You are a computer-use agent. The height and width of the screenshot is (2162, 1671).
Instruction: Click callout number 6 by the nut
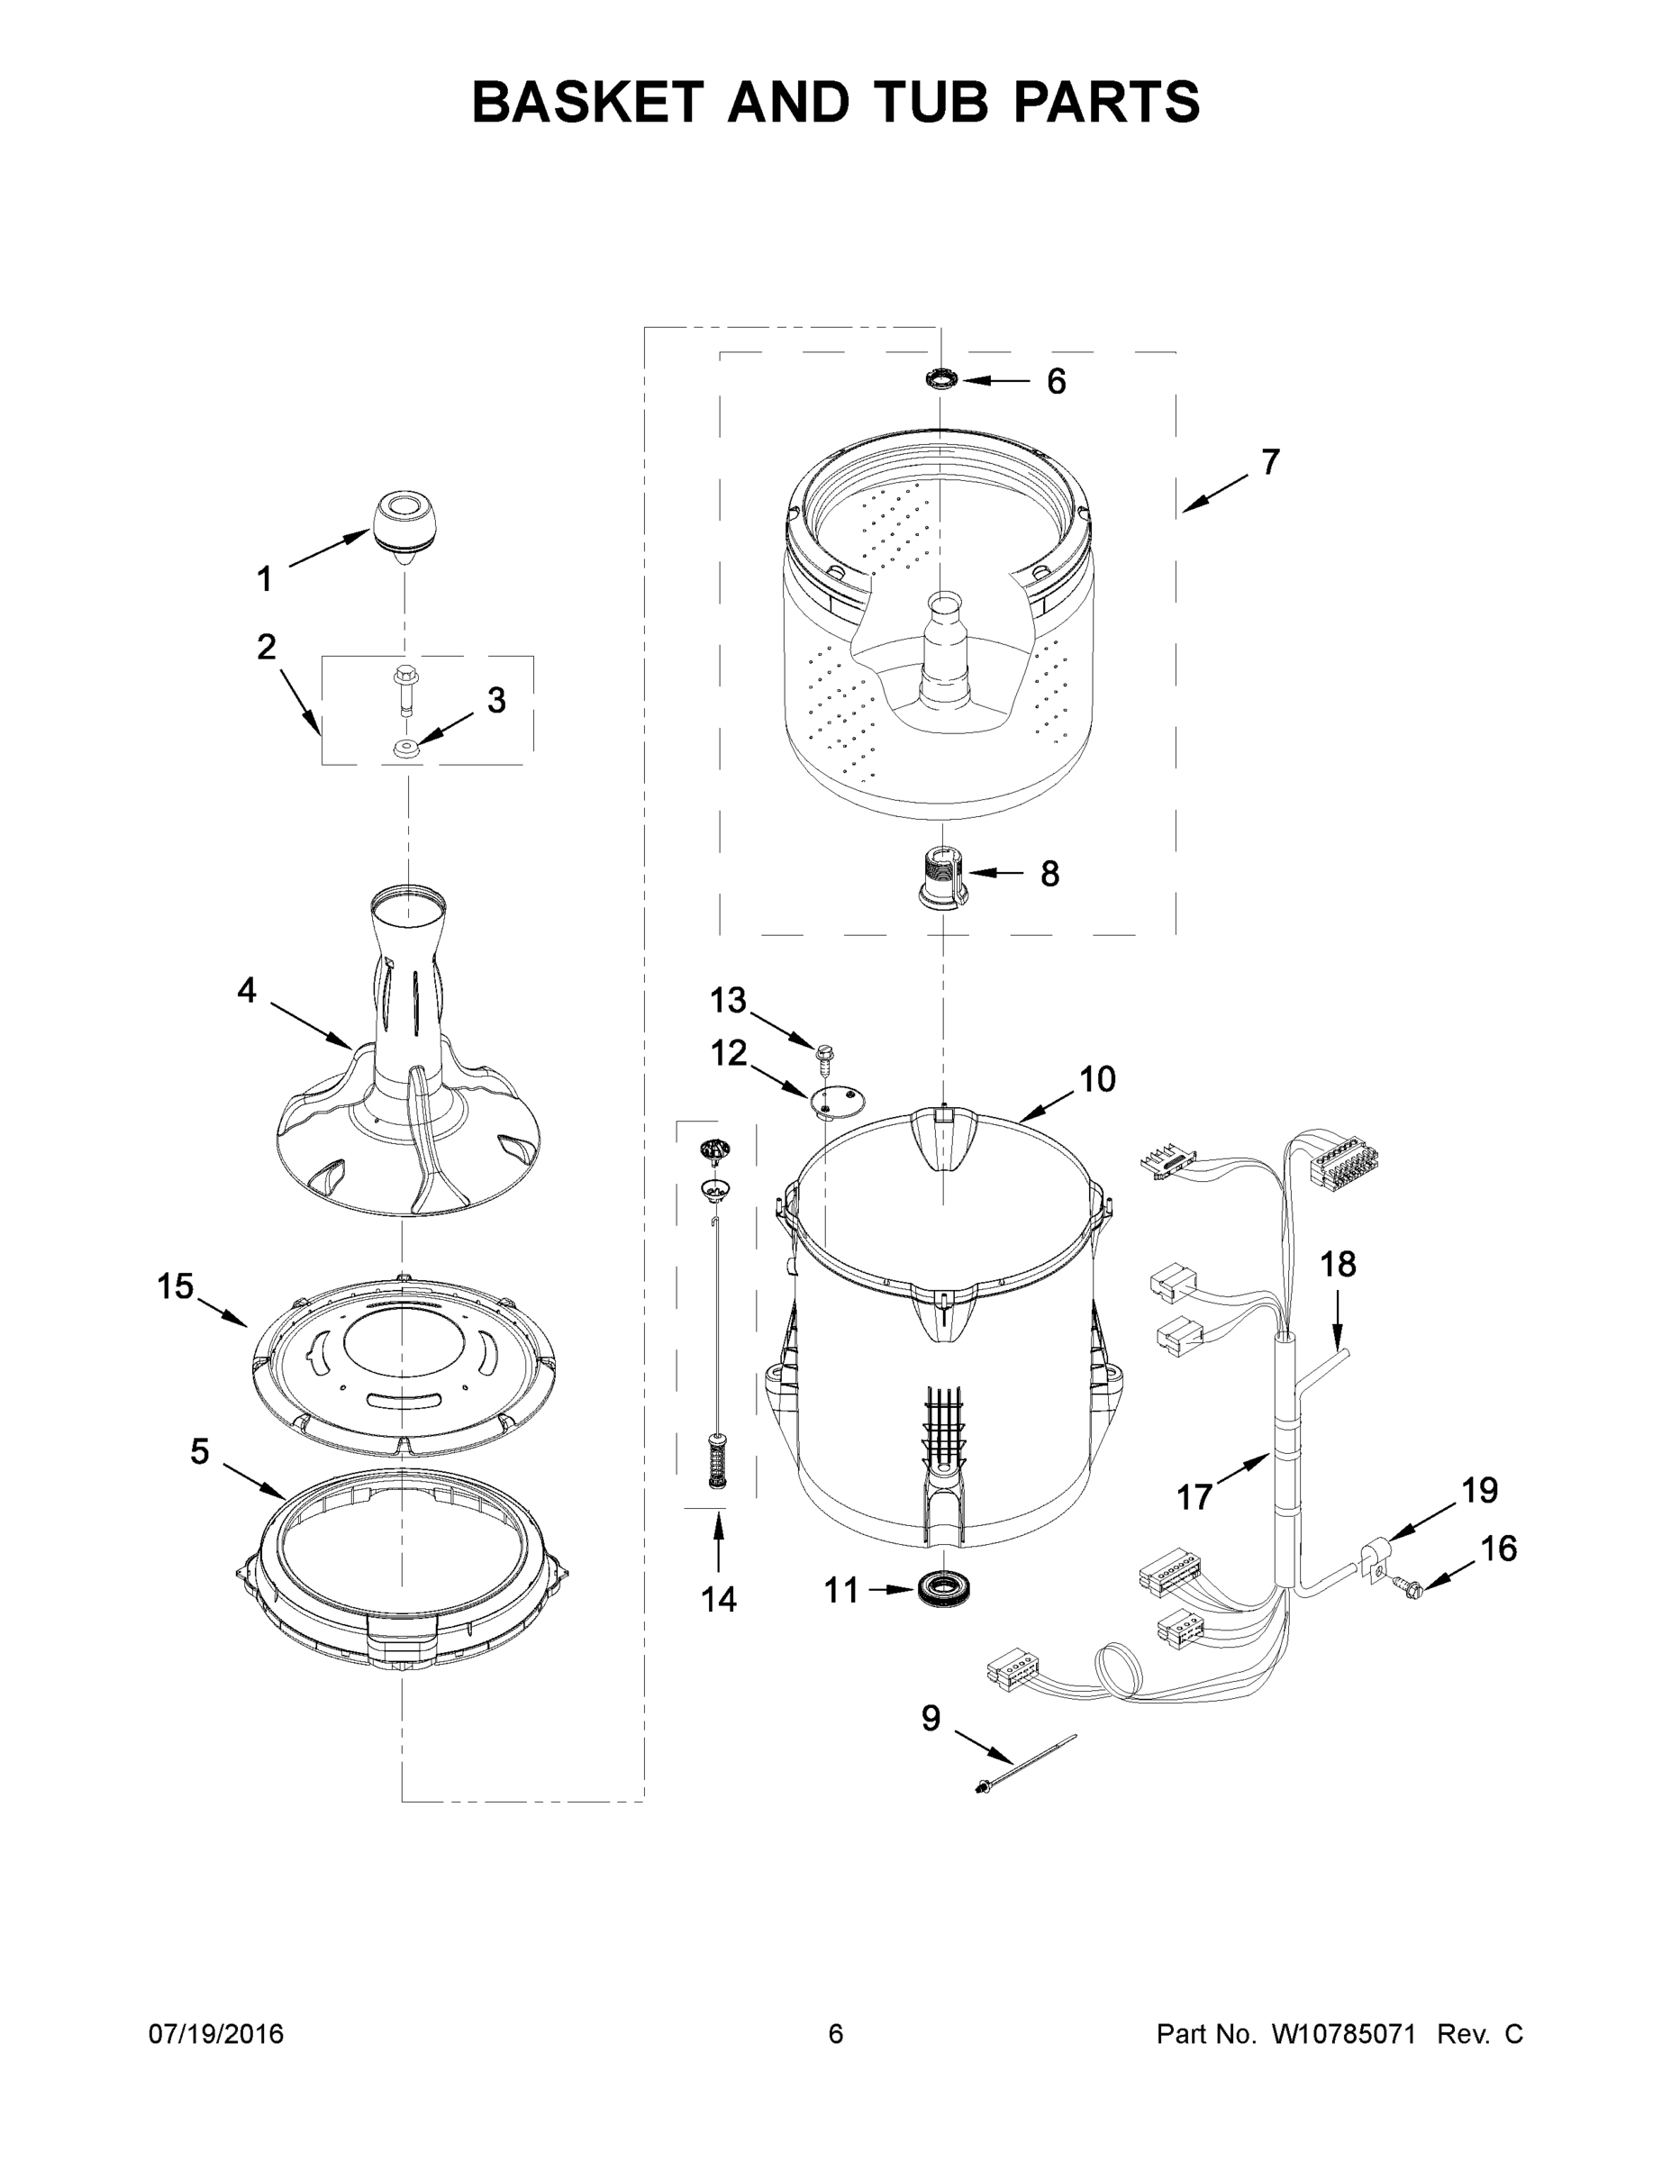coord(1057,382)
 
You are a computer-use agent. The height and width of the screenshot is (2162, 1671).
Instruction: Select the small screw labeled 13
coord(824,1058)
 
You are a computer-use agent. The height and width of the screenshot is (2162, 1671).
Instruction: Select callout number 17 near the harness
coord(1194,1497)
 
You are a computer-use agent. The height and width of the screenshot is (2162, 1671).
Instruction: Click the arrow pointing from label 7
coord(1214,492)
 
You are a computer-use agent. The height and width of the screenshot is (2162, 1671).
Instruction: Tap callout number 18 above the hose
coord(1339,1264)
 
